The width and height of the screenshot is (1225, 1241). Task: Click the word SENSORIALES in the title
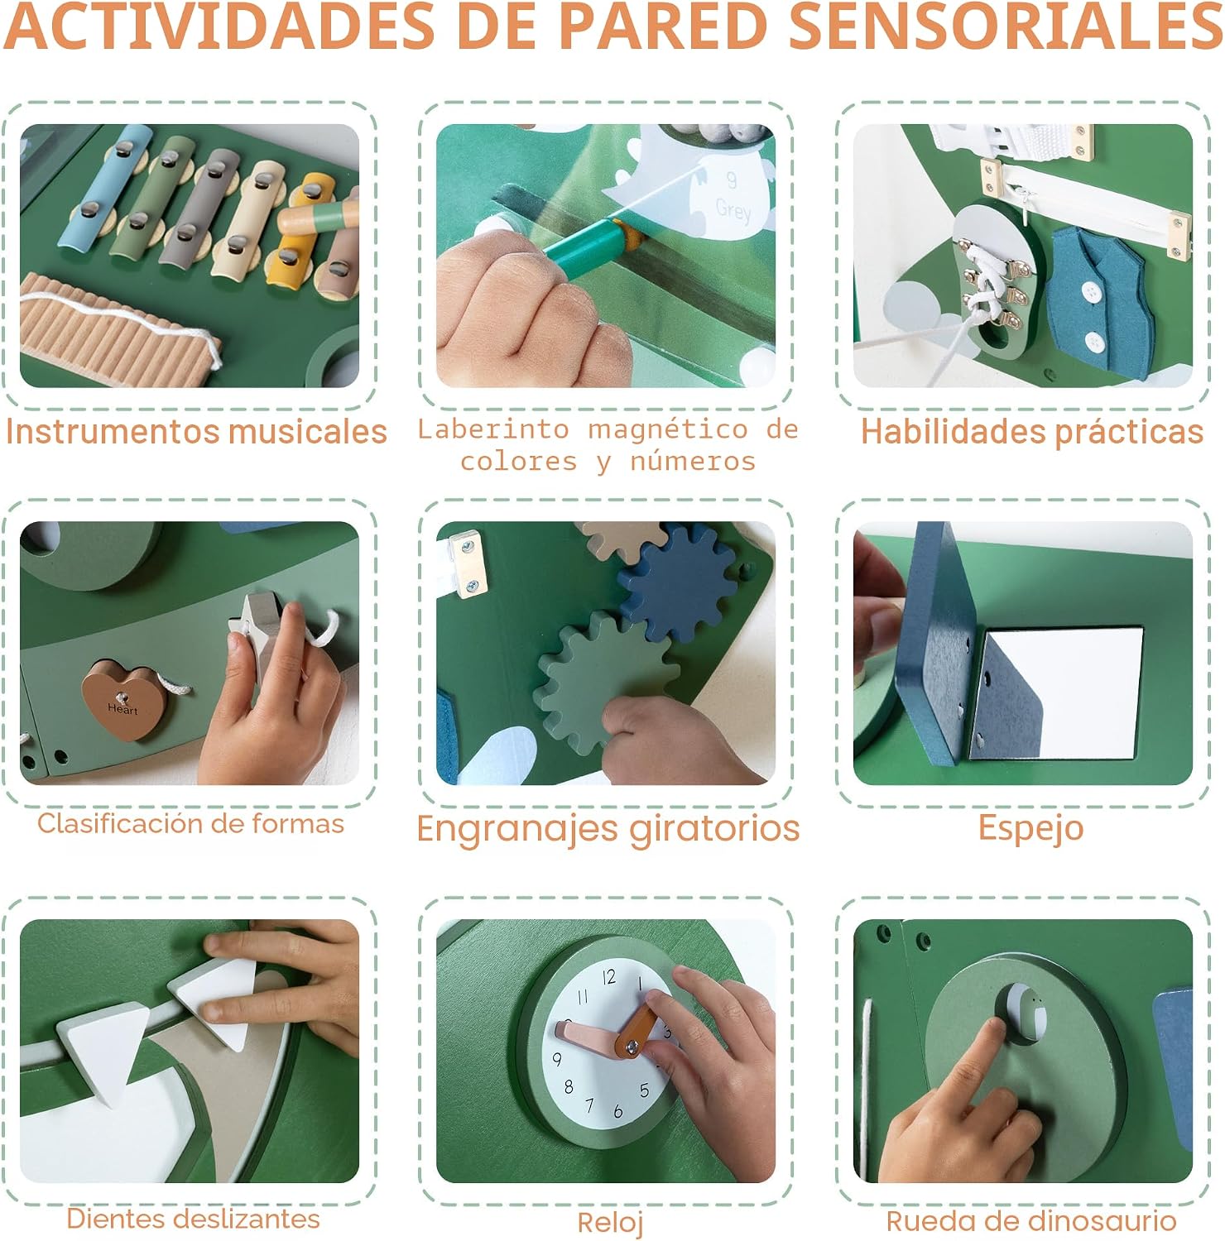click(x=1005, y=26)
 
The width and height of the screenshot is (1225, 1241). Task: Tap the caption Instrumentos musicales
click(x=196, y=432)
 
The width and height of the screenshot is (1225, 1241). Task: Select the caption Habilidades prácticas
click(x=1031, y=432)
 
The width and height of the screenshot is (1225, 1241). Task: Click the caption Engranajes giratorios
click(x=608, y=829)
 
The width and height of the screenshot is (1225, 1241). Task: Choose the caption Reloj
click(x=610, y=1222)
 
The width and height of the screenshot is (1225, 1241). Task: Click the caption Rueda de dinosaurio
click(x=1031, y=1221)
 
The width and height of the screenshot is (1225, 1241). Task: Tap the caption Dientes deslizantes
click(x=193, y=1219)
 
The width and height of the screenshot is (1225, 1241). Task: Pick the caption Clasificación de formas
click(x=190, y=824)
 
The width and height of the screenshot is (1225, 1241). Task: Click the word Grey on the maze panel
click(x=733, y=210)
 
